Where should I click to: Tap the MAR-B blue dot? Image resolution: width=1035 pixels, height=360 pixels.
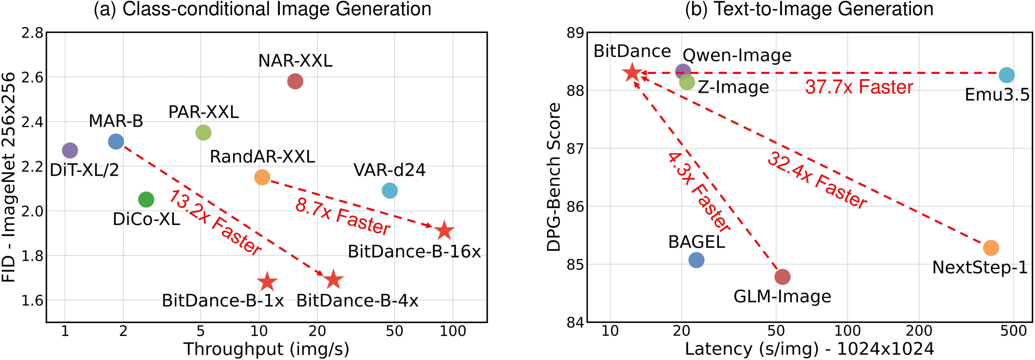click(116, 141)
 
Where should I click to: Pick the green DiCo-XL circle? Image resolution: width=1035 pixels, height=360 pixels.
click(146, 199)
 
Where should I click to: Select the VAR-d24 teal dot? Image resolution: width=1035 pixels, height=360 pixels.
click(389, 190)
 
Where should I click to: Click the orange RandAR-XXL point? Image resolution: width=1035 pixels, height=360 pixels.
click(262, 177)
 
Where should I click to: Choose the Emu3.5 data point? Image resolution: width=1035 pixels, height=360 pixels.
click(1006, 75)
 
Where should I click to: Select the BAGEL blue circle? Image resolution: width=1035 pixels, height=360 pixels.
click(696, 260)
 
